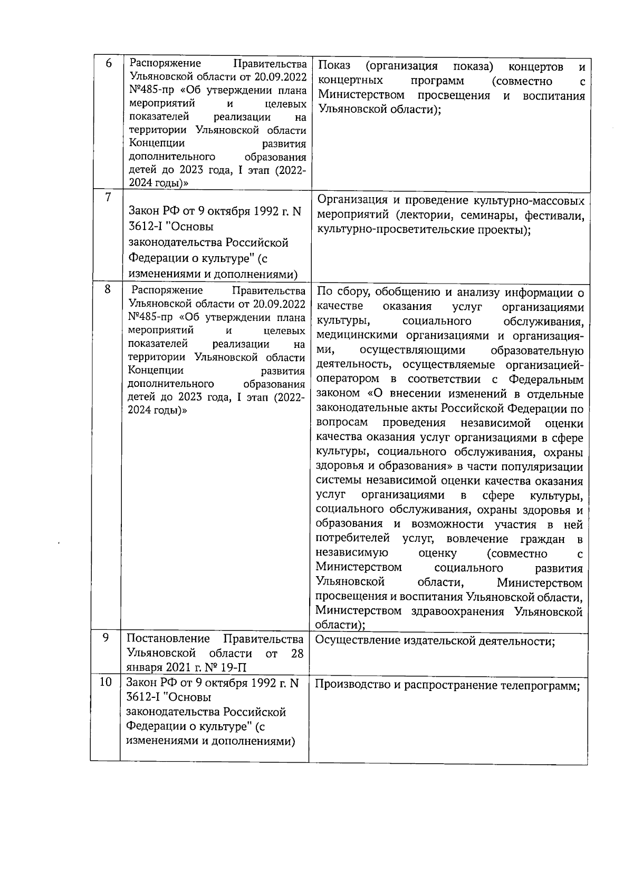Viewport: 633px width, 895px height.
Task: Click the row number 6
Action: pos(109,63)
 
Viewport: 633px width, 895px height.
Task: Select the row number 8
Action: pos(108,289)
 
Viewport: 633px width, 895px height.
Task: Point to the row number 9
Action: pos(106,638)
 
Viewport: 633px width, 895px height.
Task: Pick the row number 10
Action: pos(106,682)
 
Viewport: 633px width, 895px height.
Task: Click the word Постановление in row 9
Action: pos(168,639)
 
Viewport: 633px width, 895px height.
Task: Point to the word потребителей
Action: pos(352,539)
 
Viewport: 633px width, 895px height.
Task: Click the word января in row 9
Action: pos(144,668)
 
